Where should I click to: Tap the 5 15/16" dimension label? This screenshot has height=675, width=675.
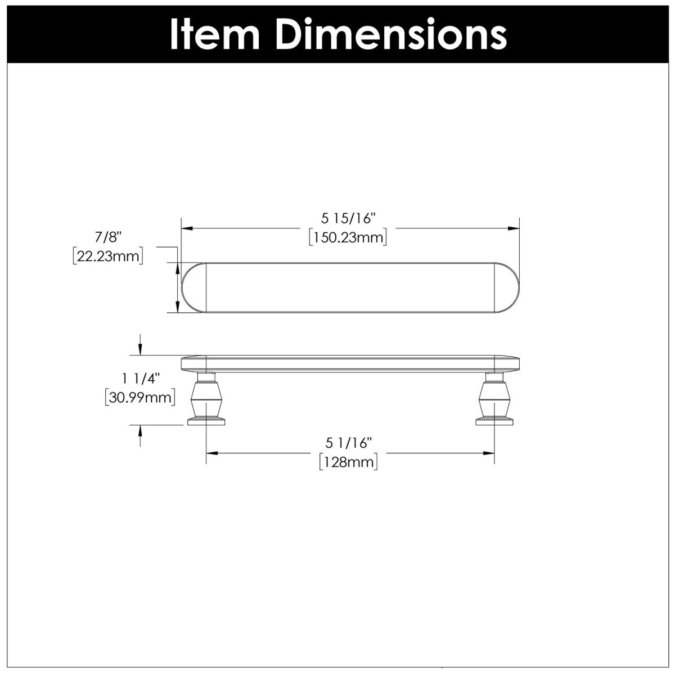pos(348,219)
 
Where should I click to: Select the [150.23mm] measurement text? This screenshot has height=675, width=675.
pos(348,238)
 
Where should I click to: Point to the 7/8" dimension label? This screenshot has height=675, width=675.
pos(108,237)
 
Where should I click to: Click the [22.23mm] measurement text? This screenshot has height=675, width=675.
pos(108,256)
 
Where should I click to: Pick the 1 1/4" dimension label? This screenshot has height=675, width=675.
pos(141,379)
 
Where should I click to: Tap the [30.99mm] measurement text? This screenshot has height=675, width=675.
pos(140,398)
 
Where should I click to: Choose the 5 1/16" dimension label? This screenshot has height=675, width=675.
pos(348,443)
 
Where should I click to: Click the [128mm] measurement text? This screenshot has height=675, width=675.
pos(348,462)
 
